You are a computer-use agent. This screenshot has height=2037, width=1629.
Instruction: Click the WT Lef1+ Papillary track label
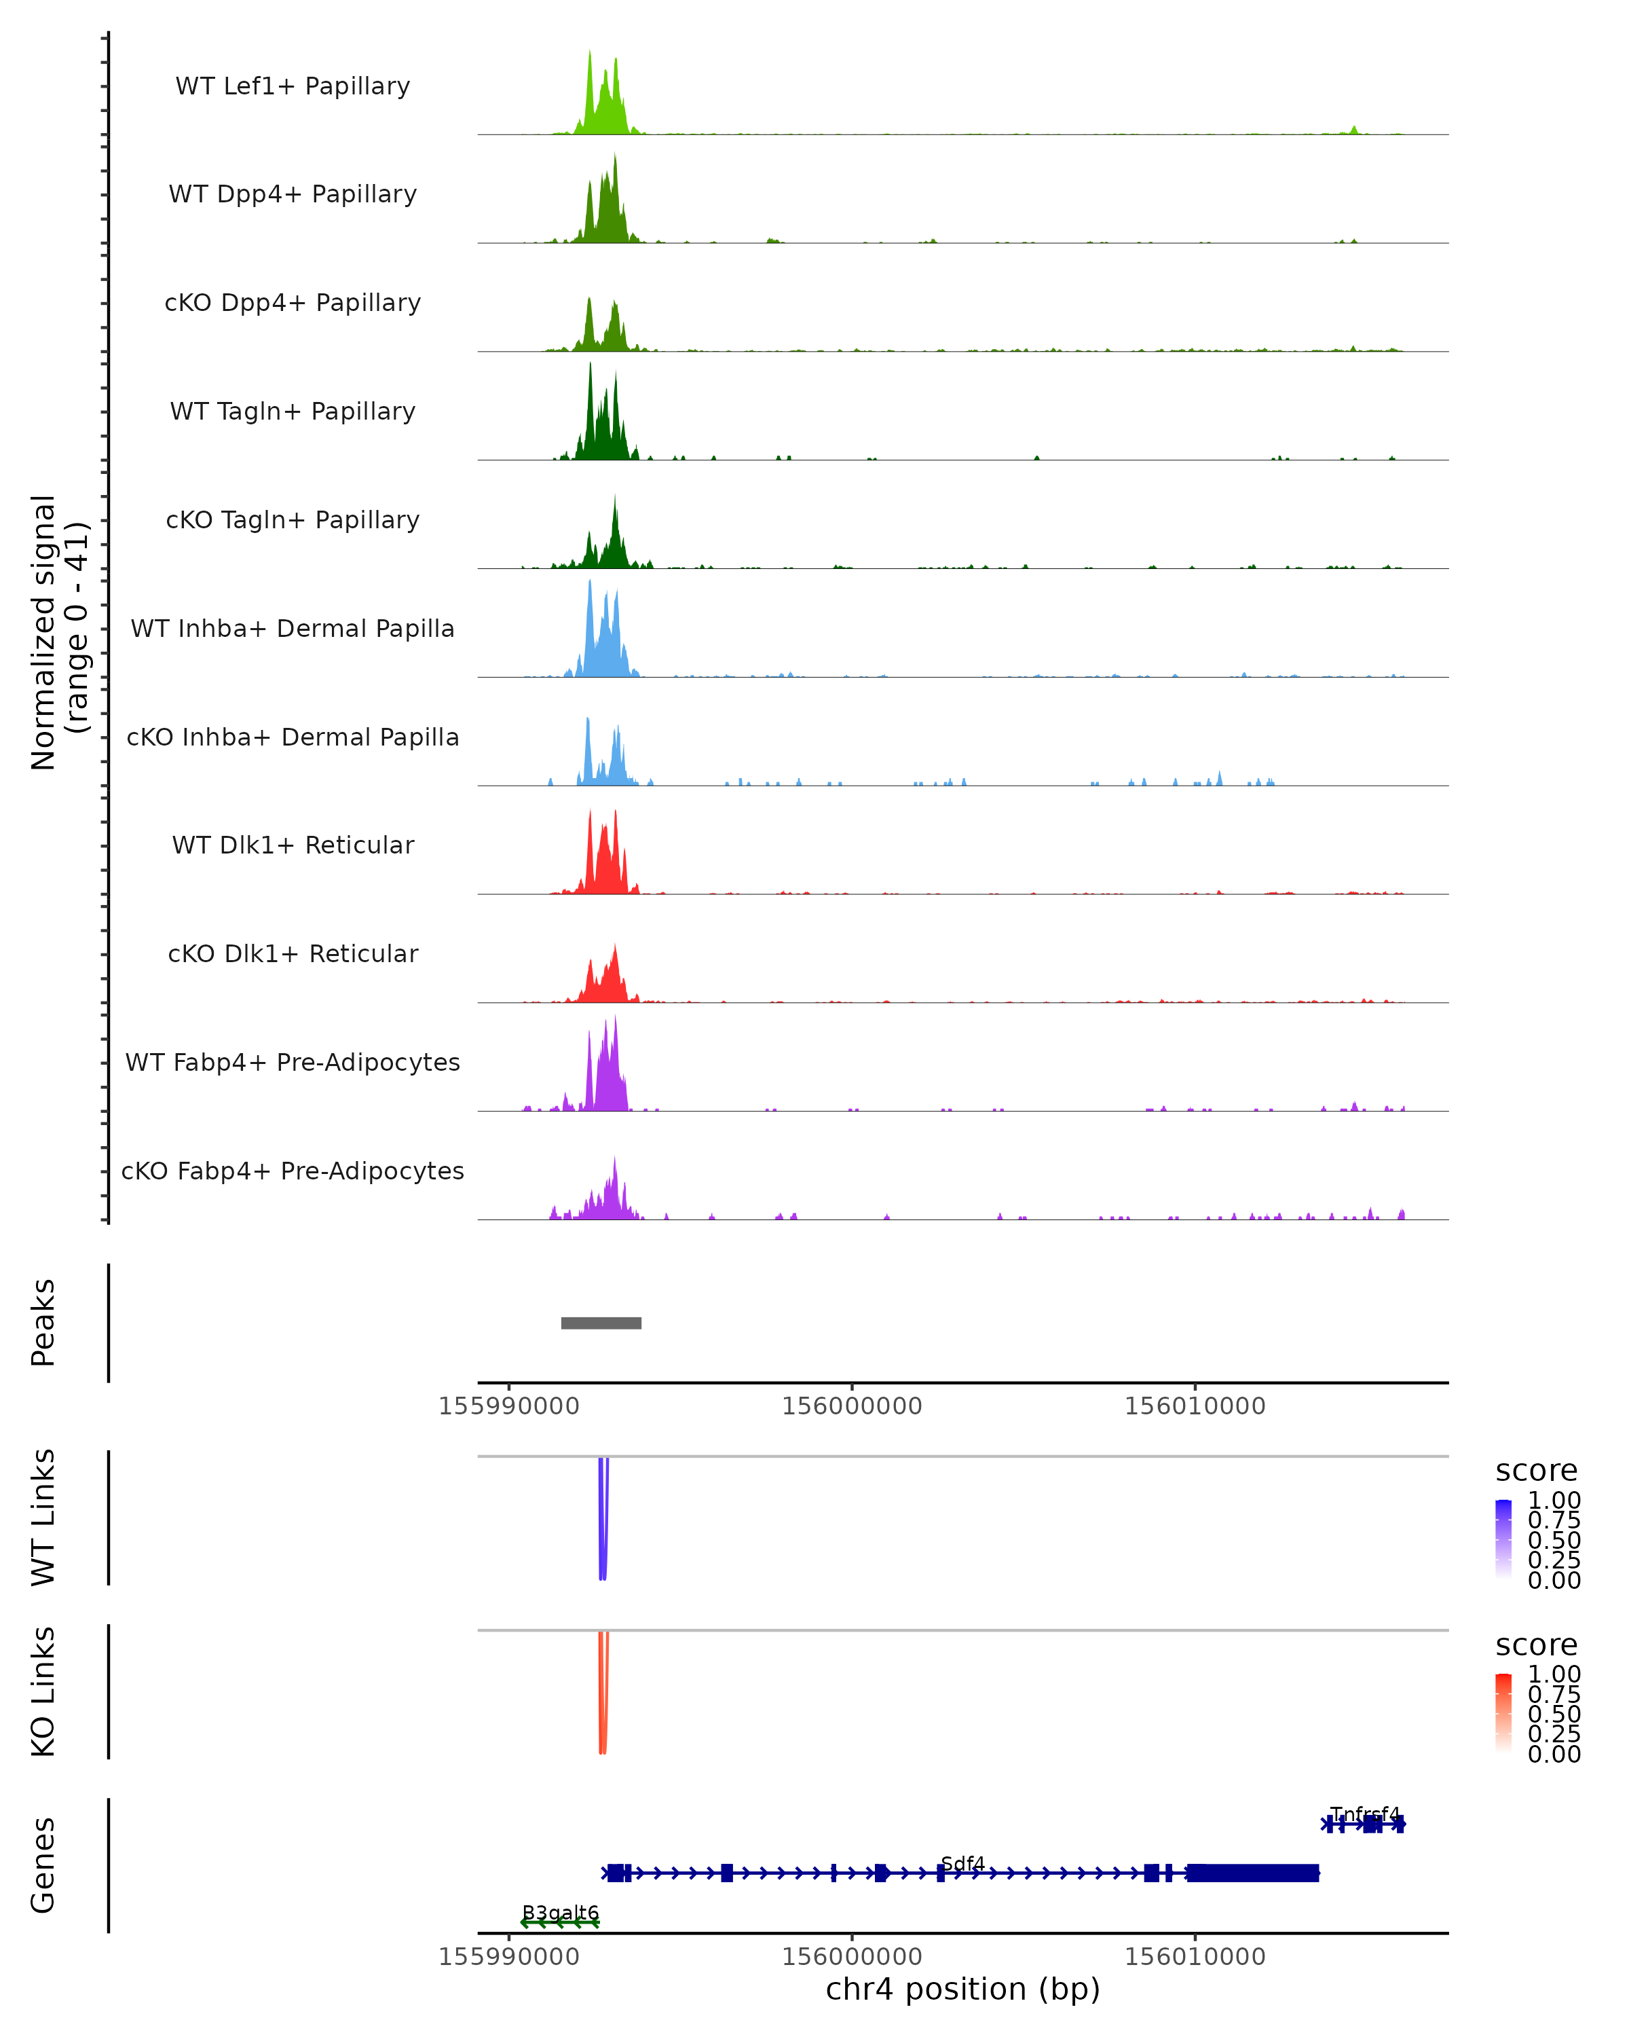293,86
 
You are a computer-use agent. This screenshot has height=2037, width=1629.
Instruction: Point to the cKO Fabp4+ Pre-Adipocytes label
293,1171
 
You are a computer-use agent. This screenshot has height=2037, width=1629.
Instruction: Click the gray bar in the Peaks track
601,1323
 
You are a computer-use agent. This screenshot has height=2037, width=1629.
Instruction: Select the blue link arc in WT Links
603,1521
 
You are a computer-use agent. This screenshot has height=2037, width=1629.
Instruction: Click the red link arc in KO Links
603,1696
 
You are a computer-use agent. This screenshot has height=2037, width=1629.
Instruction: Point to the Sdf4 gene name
962,1863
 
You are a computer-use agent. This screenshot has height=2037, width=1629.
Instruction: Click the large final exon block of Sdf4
1252,1873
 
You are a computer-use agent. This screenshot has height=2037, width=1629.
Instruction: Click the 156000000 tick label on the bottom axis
851,1956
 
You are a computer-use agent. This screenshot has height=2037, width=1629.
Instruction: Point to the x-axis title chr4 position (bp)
962,1989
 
